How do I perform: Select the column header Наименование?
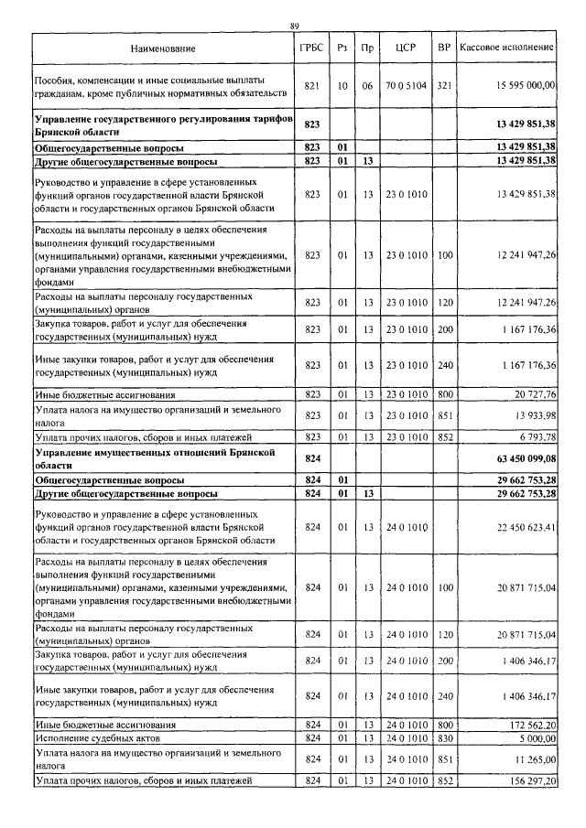[x=162, y=46]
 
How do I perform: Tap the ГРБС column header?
[x=310, y=46]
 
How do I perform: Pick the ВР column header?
[x=444, y=46]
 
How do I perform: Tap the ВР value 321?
[x=444, y=85]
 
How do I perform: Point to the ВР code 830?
[x=444, y=737]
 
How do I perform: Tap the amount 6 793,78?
[x=536, y=437]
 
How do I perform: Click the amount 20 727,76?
[x=534, y=394]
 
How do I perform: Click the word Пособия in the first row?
[x=52, y=80]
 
